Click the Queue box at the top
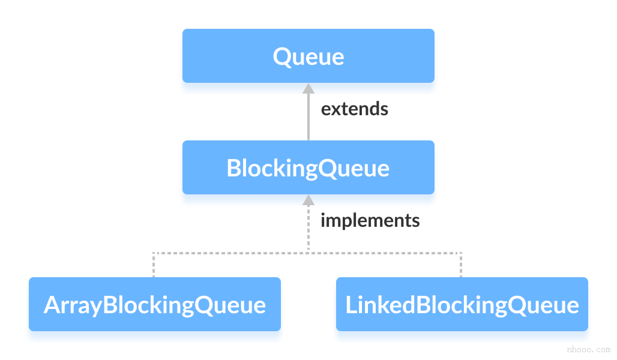(308, 56)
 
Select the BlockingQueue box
(308, 167)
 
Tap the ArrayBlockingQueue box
(154, 304)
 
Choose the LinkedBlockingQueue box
(462, 304)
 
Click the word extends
(354, 109)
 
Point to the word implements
(370, 220)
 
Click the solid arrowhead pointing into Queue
(308, 88)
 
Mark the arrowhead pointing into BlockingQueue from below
(308, 200)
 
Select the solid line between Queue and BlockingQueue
(308, 117)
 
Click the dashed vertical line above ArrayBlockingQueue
(154, 265)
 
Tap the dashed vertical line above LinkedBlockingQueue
(461, 265)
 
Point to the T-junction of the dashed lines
(308, 253)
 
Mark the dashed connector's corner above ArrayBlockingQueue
(154, 253)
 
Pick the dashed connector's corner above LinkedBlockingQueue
(461, 253)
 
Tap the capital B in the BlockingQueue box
(233, 168)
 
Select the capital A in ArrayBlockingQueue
(52, 305)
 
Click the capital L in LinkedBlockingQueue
(351, 305)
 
